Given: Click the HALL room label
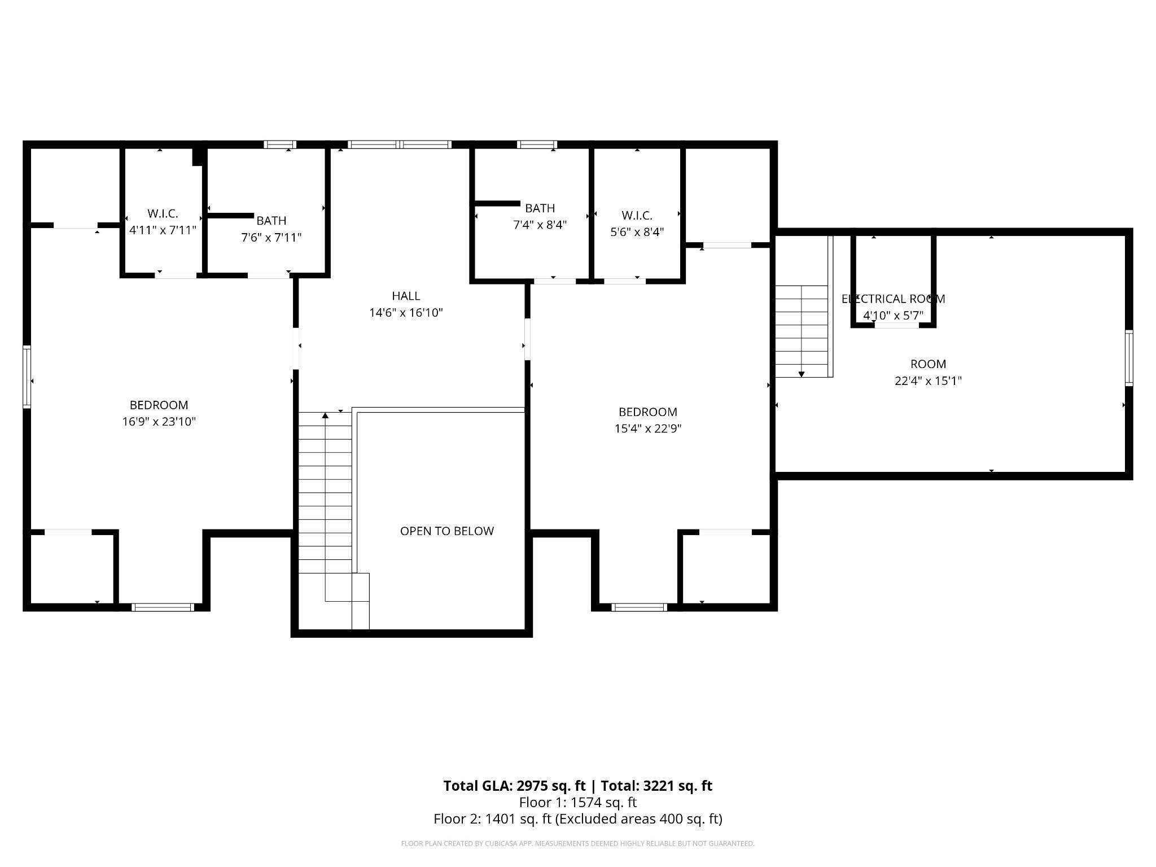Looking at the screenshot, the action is coord(406,296).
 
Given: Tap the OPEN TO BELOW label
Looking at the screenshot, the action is coord(447,531).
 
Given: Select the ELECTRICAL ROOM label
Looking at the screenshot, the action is coord(893,299).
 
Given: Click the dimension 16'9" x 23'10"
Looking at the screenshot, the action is coord(159,422).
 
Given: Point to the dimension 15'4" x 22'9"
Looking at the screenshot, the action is coord(648,428).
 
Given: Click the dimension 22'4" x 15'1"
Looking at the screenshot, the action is coord(928,381).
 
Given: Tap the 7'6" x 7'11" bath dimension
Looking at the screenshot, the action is coord(272,238).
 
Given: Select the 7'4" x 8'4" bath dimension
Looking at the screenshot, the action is coord(540,225).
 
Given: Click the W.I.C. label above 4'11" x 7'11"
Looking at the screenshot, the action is coord(163,214).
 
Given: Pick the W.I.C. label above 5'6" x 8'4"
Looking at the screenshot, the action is coord(637,216).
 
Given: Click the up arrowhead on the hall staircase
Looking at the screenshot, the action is coord(325,415).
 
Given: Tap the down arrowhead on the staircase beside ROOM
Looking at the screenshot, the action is coord(802,374).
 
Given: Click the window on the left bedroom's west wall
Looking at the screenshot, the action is coord(27,376).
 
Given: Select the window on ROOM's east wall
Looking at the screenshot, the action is coord(1129,358).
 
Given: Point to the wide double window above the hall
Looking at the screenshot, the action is coord(400,144).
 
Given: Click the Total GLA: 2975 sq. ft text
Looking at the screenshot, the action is coord(515,786).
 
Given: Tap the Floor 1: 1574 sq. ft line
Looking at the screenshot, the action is coord(578,802).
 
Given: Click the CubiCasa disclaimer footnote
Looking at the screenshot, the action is coord(577,844).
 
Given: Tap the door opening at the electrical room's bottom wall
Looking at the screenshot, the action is coord(896,325).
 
